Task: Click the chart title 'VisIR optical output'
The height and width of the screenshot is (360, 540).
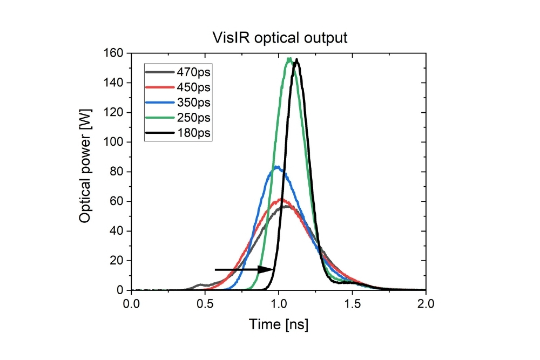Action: click(x=279, y=38)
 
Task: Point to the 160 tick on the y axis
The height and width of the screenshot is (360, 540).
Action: click(x=116, y=53)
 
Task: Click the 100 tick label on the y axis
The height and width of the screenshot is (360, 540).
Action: click(x=116, y=142)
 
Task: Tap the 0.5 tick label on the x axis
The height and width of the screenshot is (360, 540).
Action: click(x=205, y=303)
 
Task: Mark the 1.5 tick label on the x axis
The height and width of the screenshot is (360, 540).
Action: click(x=353, y=303)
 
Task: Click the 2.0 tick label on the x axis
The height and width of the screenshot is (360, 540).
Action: click(x=426, y=303)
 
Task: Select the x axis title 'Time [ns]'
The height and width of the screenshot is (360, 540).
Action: click(x=279, y=324)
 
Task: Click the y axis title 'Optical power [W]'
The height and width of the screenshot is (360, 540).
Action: click(x=85, y=171)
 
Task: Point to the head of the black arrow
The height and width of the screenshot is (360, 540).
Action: click(x=274, y=269)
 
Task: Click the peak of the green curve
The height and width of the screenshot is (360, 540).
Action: click(x=290, y=59)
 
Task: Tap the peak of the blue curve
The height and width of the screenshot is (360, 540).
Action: click(x=277, y=167)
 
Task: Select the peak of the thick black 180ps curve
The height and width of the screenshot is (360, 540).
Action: click(x=296, y=60)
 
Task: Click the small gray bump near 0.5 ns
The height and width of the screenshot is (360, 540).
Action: click(x=200, y=284)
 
